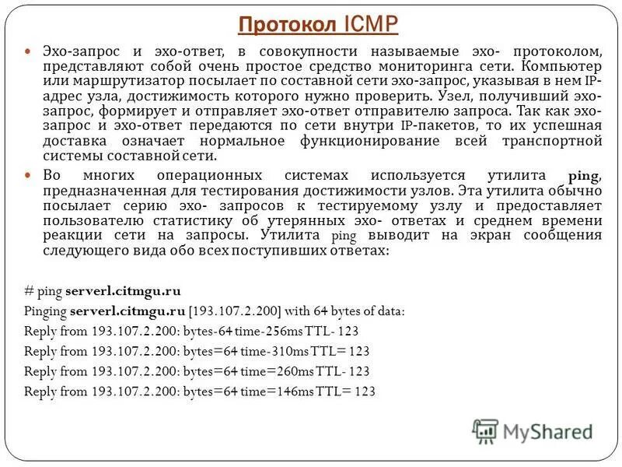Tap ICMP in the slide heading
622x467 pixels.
click(x=369, y=24)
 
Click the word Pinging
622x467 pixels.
click(x=45, y=311)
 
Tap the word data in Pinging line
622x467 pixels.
click(x=388, y=311)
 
